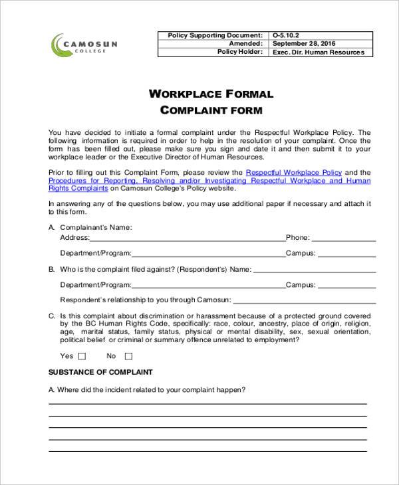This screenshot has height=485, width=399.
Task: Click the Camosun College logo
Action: point(84,45)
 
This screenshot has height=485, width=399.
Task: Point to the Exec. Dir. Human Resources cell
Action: point(319,52)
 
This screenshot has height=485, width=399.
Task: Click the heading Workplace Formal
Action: point(211,94)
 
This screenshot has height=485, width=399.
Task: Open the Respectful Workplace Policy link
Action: point(293,172)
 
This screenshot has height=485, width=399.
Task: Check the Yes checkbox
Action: point(82,356)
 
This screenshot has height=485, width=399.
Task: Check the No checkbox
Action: point(128,356)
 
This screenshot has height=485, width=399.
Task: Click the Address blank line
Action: point(188,239)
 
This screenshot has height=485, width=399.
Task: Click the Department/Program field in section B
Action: point(208,286)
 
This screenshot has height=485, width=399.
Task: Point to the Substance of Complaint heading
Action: point(101,372)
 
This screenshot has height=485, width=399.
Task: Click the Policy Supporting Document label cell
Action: point(215,35)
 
